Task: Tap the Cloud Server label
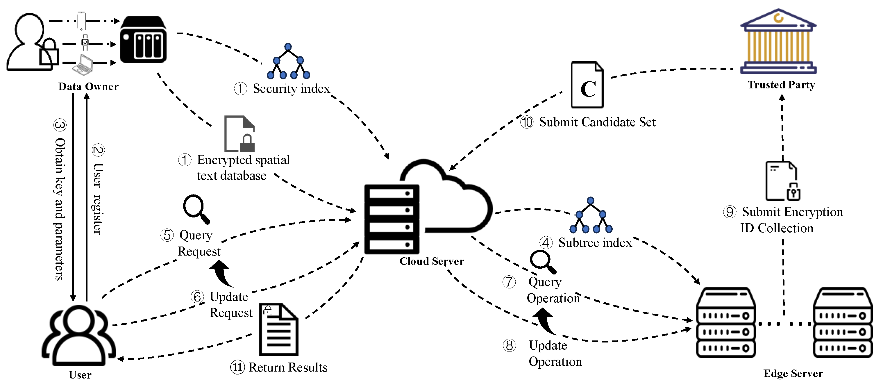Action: coord(432,261)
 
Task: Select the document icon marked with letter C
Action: coord(587,85)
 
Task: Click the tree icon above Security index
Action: coord(288,62)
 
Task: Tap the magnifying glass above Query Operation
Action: coord(543,262)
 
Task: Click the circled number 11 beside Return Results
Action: coord(237,367)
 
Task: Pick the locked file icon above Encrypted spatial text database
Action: coord(239,134)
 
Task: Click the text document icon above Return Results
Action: coord(278,329)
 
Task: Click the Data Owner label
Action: coord(88,86)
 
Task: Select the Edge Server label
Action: coord(793,373)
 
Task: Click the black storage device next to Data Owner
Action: coord(143,40)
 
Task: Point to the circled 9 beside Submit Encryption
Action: coord(730,212)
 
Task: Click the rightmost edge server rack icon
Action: coord(843,322)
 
